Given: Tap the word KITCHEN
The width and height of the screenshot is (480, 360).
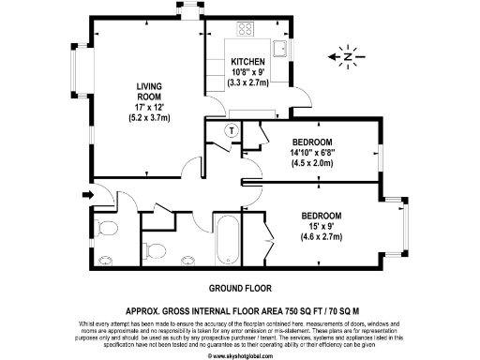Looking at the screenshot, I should (x=247, y=63).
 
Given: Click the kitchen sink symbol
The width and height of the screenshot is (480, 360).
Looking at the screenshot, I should (x=279, y=46).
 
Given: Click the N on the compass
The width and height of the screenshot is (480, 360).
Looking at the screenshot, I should (x=349, y=58).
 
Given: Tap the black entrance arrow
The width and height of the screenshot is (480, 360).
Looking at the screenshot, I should (x=88, y=195).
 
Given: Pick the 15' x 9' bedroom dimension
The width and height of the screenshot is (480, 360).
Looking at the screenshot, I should (x=322, y=227).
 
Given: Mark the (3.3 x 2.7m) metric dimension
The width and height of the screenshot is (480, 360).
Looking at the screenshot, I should (x=248, y=83).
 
